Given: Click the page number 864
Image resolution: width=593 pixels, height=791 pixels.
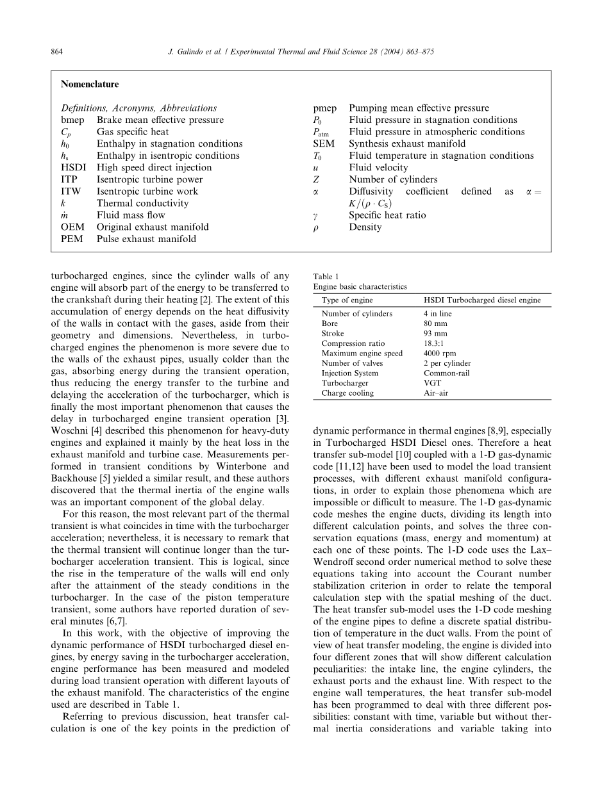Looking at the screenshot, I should pyautogui.click(x=56, y=52).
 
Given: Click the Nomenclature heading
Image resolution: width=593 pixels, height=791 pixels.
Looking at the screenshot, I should pyautogui.click(x=90, y=84).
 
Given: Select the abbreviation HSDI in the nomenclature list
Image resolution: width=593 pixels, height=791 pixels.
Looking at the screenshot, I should pyautogui.click(x=72, y=168).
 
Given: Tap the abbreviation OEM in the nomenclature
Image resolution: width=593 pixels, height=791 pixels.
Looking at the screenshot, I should pyautogui.click(x=72, y=227).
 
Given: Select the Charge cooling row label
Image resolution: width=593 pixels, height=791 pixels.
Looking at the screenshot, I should pyautogui.click(x=347, y=393).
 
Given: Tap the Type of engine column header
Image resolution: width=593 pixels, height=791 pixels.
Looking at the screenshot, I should pyautogui.click(x=347, y=300).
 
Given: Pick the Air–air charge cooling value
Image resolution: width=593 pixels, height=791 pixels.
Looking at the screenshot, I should pyautogui.click(x=436, y=393).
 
